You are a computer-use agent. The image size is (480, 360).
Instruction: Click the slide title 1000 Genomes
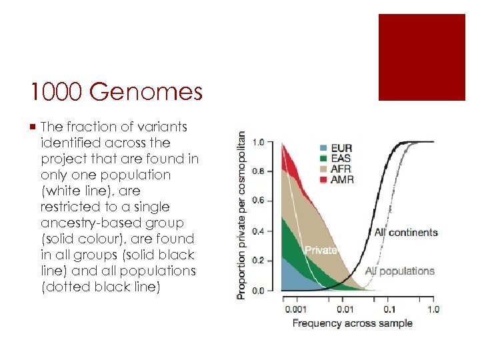tap(116, 92)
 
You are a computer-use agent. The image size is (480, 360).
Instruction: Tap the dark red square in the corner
tap(421, 57)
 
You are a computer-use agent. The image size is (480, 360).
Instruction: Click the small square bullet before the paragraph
tap(33, 127)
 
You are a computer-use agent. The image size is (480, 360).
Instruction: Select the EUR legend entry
tap(337, 147)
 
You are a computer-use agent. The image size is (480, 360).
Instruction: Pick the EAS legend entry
tap(337, 158)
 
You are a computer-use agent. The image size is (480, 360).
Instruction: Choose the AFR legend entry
tap(337, 169)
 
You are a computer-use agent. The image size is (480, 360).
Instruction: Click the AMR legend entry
tap(337, 179)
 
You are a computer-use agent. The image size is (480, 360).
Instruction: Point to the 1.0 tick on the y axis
tap(259, 142)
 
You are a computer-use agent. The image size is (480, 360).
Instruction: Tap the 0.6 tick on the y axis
tap(259, 201)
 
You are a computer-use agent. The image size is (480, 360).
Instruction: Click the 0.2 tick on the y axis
tap(259, 261)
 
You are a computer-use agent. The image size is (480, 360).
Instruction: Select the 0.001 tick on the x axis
tap(296, 309)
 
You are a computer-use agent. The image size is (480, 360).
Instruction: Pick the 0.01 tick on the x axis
tap(345, 309)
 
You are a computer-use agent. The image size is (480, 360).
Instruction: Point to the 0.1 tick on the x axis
tap(390, 309)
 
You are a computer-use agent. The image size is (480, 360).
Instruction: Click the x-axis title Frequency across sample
tap(353, 323)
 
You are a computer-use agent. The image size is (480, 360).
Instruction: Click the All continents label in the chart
tap(406, 233)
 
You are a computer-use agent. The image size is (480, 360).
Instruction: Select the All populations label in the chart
tap(400, 271)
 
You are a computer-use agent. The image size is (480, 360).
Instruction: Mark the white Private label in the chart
tap(321, 250)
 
